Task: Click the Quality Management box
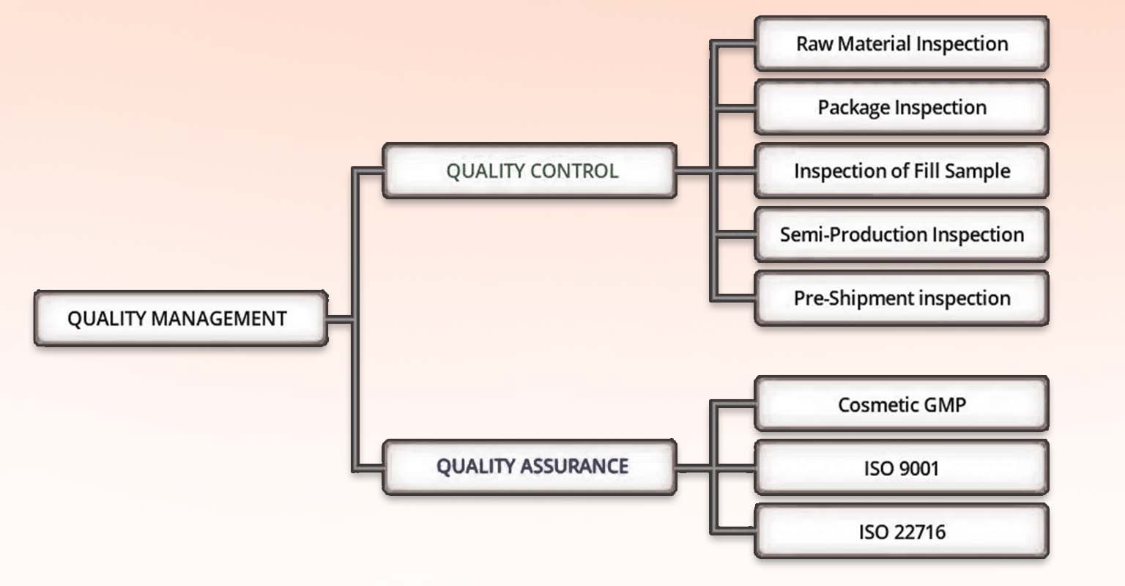181,319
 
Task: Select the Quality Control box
530,171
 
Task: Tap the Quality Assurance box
530,467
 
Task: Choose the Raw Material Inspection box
902,44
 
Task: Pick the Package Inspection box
902,107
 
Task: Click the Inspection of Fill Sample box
902,171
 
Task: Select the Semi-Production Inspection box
902,234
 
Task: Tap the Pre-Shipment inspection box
902,298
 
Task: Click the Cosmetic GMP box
902,404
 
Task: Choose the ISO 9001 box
902,467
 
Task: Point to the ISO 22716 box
902,531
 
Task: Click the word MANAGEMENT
219,319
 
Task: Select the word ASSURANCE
574,466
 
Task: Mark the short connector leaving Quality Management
341,319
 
